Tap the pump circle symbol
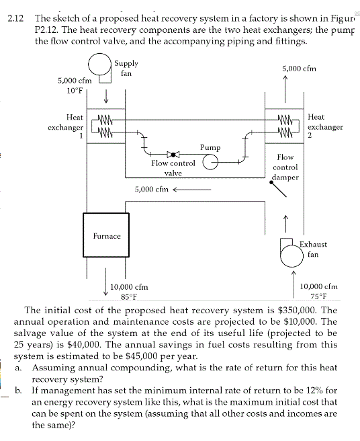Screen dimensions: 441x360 click(x=212, y=161)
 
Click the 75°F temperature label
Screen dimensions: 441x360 click(x=317, y=296)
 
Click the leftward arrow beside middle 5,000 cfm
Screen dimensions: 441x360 click(x=192, y=189)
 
